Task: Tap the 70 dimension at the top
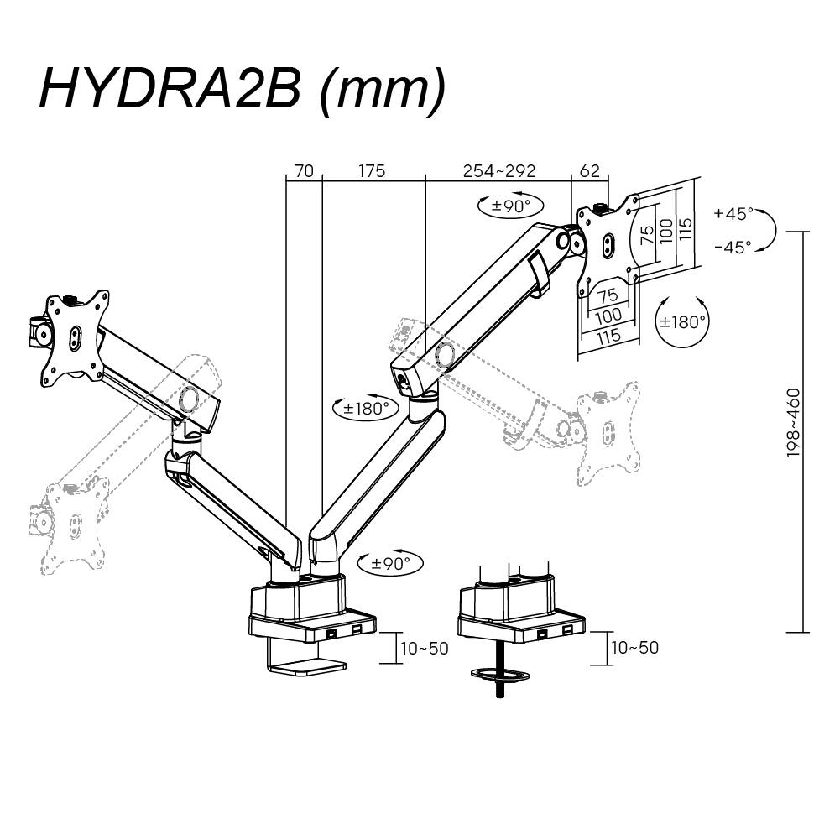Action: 304,171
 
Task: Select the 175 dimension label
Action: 372,171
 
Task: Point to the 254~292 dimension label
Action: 499,171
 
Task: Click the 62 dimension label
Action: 590,171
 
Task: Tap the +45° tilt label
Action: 733,214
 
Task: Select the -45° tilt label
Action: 733,248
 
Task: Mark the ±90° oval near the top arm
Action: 509,206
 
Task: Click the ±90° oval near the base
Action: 390,564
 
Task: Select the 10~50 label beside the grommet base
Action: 635,648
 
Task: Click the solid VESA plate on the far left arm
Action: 76,334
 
